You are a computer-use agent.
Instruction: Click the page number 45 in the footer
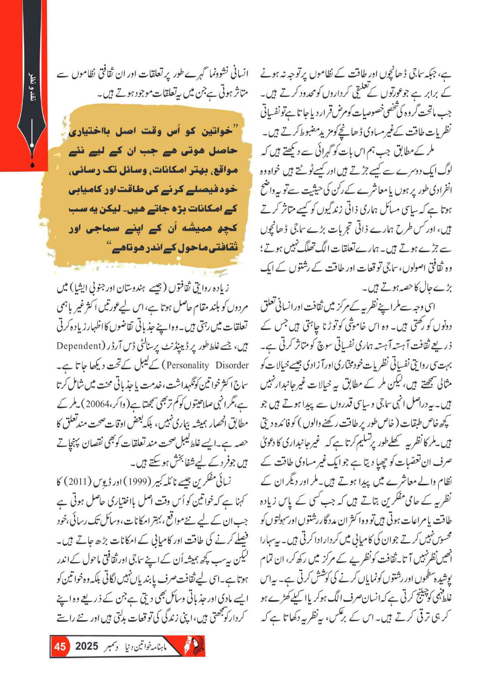point(60,646)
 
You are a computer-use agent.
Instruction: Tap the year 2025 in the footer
point(86,646)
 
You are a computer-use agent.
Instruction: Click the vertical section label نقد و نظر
point(32,91)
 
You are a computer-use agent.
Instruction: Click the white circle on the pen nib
point(32,146)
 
